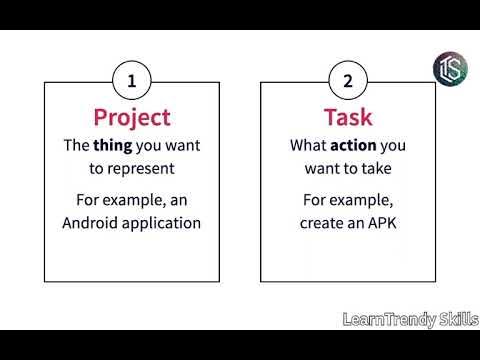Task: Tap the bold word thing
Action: tap(117, 145)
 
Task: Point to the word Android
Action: tap(95, 221)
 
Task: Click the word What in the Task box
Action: tap(306, 145)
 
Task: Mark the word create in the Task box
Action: tap(322, 221)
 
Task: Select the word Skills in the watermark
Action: tap(455, 319)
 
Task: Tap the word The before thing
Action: tap(78, 145)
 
